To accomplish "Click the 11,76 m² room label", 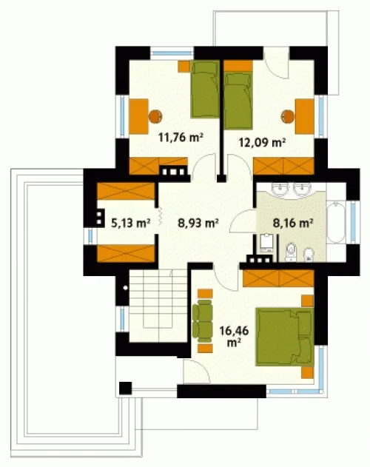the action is click(181, 138).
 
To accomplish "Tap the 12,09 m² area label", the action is click(262, 142).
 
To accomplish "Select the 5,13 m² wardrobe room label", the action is click(130, 222).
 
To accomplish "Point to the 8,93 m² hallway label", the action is click(198, 222).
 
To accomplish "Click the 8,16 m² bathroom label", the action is click(293, 222).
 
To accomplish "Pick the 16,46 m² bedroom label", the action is click(234, 336).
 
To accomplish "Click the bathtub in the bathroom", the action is click(337, 223).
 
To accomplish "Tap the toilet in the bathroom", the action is click(290, 252).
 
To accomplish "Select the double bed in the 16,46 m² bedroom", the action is click(284, 337).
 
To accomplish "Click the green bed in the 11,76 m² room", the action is click(205, 89).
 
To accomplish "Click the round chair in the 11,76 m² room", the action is click(155, 116).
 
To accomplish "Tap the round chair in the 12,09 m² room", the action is click(288, 116).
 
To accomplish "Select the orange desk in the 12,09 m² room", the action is click(304, 117).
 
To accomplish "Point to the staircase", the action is click(158, 306).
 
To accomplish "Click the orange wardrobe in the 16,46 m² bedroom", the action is click(278, 278).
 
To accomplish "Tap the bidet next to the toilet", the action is click(309, 255).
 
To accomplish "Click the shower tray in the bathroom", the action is click(266, 243).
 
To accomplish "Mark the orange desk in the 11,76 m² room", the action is click(139, 116).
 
